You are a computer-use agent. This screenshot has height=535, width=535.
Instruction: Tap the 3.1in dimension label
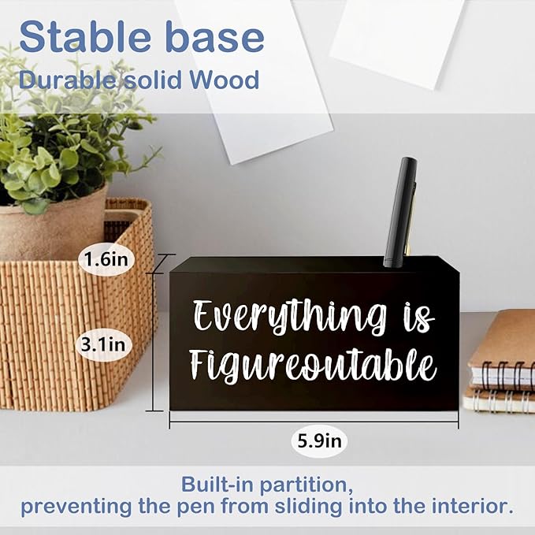[107, 344]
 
